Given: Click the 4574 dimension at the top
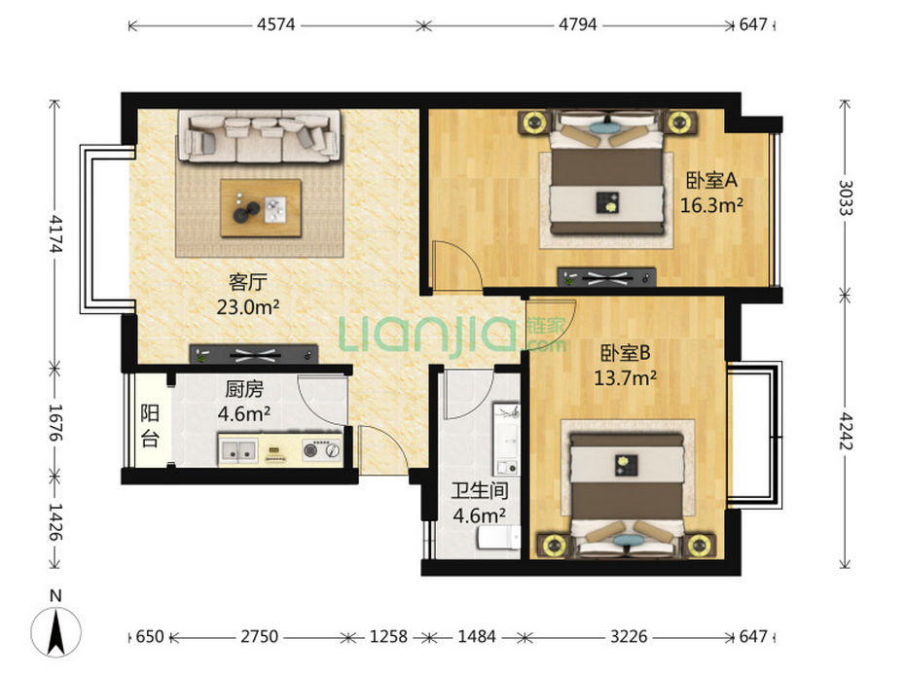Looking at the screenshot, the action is pos(276,25).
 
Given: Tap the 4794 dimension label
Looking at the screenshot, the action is pos(577,25).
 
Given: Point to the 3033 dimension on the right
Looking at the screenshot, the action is pos(846,197).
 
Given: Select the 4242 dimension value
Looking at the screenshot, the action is pos(846,431).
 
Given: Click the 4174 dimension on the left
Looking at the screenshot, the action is pos(55,233).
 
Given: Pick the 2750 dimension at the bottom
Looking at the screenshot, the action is pos(259,636).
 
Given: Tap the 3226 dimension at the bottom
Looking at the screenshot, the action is pos(629,636).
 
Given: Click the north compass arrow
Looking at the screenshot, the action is pos(55,632).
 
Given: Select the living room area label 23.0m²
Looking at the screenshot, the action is pos(247,306).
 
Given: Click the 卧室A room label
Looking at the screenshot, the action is pos(711,180).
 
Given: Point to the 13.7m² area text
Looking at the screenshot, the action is pos(625,378).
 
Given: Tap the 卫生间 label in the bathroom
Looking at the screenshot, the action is pos(480,490).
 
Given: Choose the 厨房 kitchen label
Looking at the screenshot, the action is pos(244,389).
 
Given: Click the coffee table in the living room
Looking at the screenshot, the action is pos(261,208).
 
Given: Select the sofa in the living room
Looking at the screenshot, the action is pos(259,136).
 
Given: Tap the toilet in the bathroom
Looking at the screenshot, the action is pos(498,537).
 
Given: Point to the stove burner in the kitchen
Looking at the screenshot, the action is pos(321,449).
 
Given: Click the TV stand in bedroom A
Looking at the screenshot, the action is pos(606,277).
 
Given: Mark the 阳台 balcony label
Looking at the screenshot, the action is pos(150,426).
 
